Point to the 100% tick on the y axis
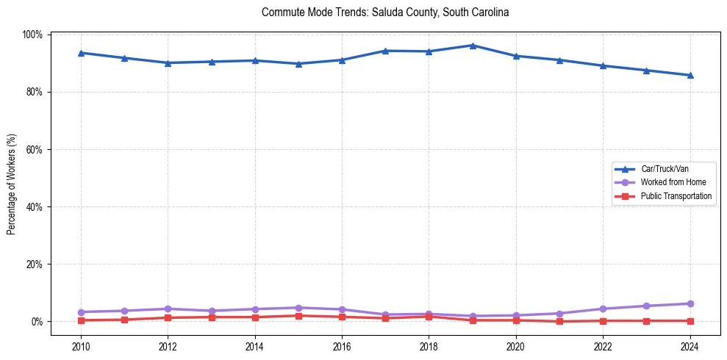33,35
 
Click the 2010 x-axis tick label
81,347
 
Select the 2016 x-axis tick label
342,347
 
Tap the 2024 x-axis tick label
690,347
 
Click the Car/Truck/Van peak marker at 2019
473,46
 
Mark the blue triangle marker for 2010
81,53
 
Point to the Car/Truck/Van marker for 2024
690,75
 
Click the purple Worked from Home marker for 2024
690,303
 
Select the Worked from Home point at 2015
298,308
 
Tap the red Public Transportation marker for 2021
559,321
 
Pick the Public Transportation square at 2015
298,316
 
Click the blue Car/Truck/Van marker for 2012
168,63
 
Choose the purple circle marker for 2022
603,309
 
